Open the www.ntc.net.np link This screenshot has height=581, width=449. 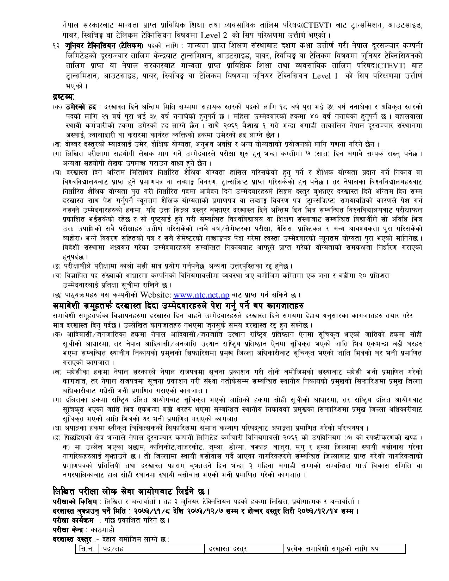[199, 294]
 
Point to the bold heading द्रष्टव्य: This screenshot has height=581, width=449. [64, 96]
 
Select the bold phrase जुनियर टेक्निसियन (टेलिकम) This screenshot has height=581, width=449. [105, 46]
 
